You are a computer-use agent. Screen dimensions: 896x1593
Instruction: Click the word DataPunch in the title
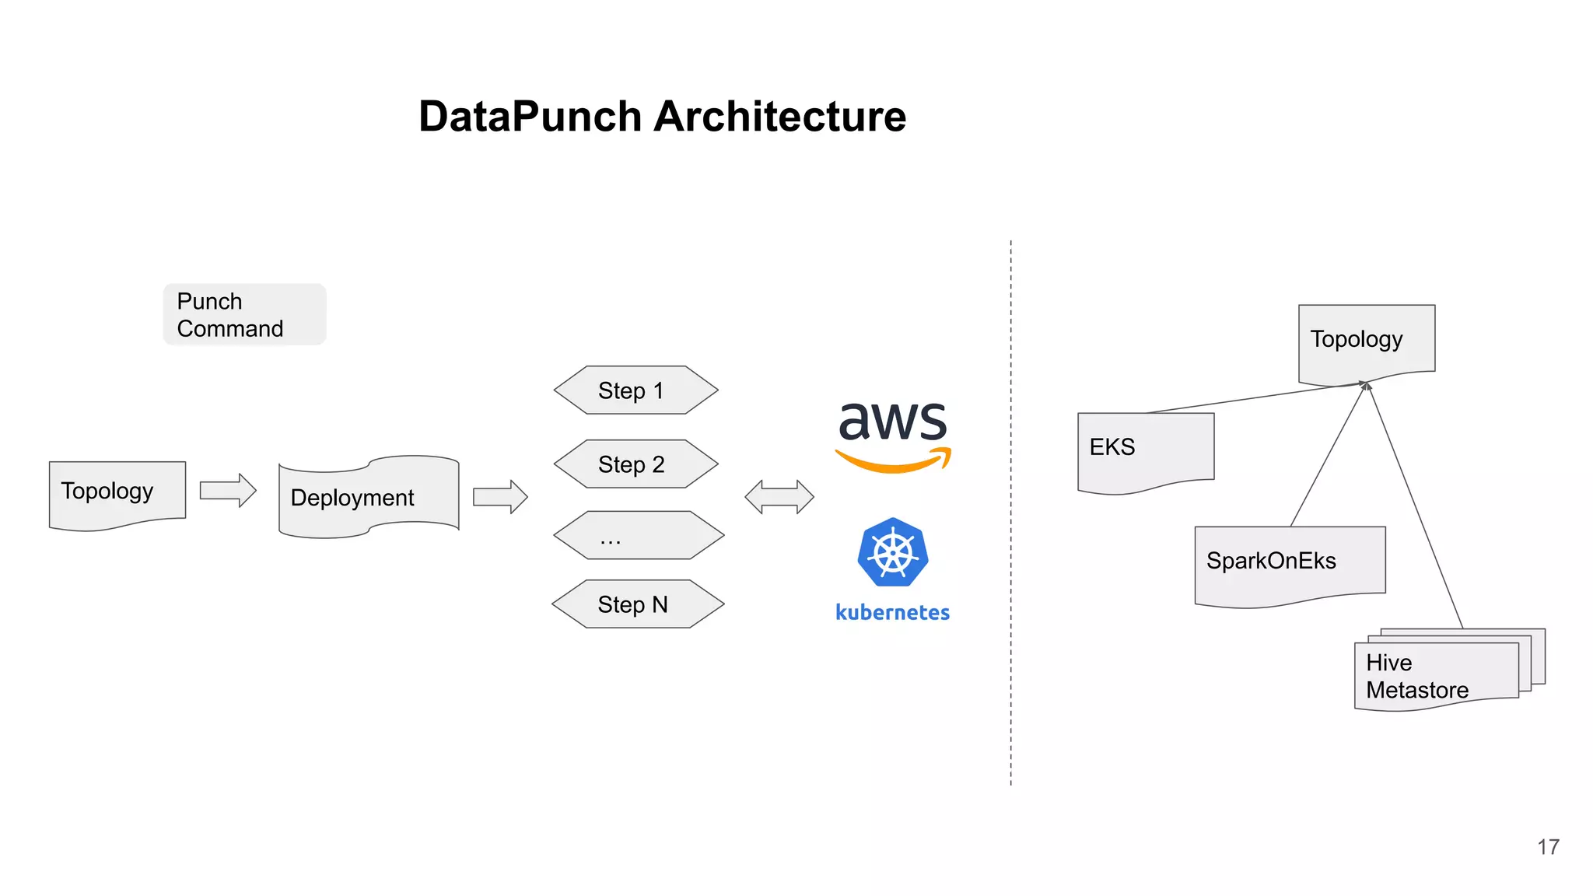tap(529, 117)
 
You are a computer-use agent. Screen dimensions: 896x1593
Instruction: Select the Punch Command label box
tap(244, 314)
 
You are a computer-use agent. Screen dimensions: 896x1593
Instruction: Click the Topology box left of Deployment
tap(117, 493)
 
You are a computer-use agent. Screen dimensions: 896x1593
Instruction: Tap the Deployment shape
tap(368, 497)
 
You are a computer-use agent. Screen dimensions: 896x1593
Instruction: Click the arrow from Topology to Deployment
tap(227, 491)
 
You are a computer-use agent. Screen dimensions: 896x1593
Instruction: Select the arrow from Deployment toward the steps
tap(500, 496)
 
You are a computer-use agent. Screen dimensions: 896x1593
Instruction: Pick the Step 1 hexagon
tap(635, 390)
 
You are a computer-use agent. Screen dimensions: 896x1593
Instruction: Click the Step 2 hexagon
tap(635, 464)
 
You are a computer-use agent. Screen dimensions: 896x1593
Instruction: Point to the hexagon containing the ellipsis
tap(638, 535)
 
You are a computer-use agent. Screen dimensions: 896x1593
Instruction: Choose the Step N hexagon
tap(636, 604)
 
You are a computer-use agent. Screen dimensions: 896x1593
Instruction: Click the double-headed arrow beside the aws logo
tap(779, 497)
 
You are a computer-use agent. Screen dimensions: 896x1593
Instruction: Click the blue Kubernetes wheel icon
tap(893, 552)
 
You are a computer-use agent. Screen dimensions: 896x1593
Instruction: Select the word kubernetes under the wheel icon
tap(892, 613)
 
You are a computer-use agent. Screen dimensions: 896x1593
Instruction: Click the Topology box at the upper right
tap(1366, 341)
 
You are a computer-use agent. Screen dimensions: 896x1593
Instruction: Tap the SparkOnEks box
tap(1289, 563)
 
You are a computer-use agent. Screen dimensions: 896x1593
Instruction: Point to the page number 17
tap(1548, 847)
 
